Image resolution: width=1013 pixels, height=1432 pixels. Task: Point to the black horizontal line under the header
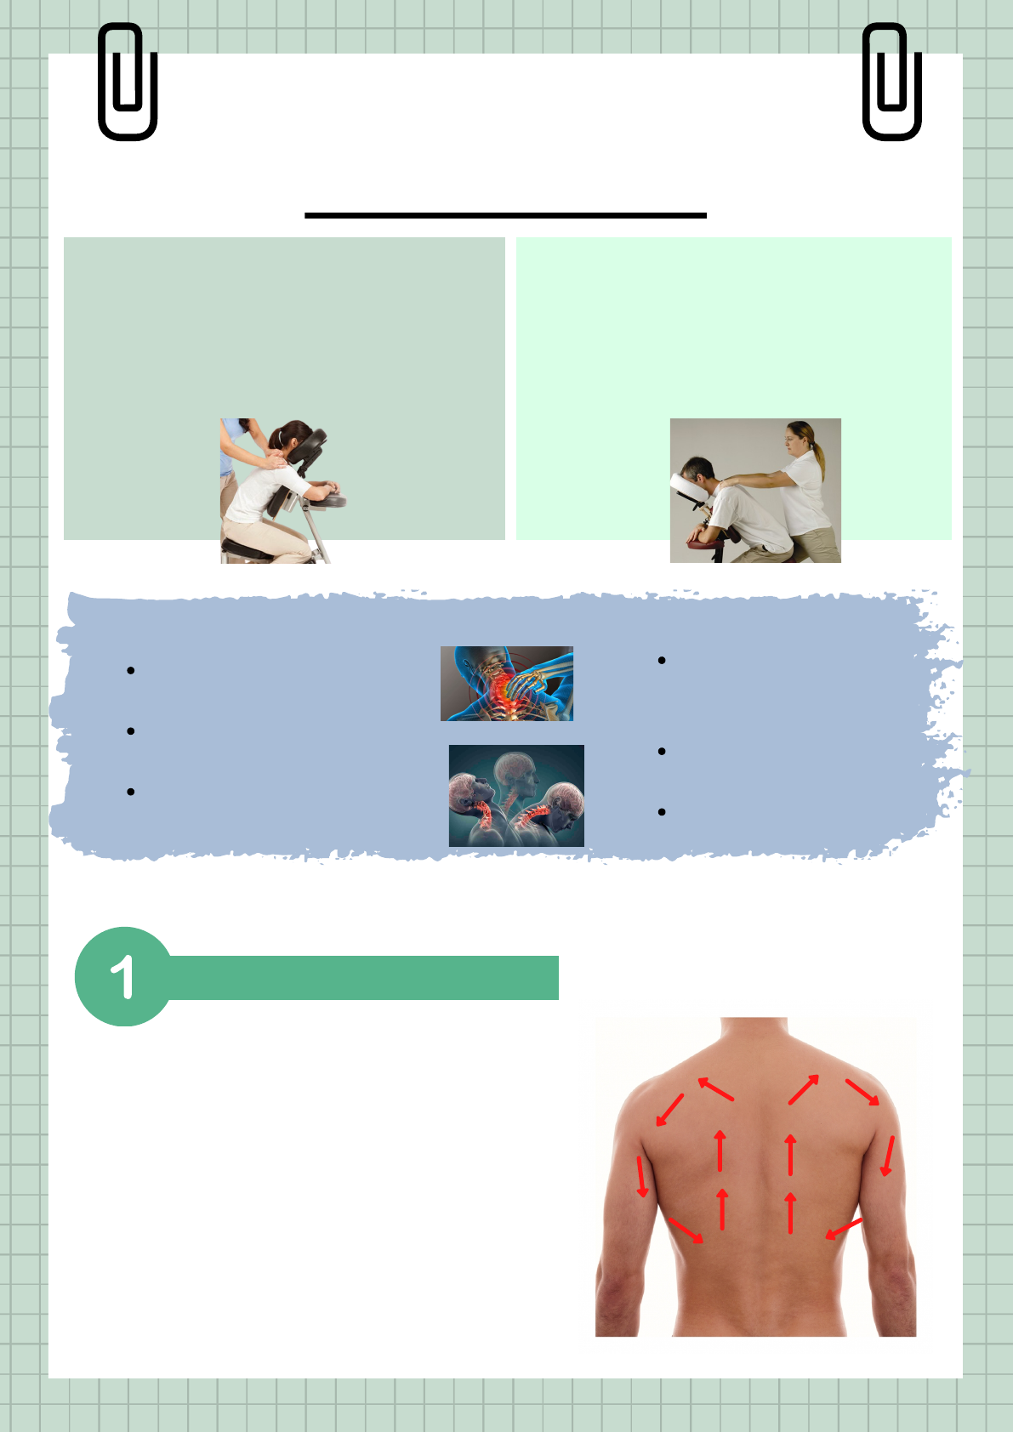coord(505,215)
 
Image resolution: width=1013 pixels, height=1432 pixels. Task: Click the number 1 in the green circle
coord(122,976)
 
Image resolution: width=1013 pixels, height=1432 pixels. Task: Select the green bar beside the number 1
coord(363,977)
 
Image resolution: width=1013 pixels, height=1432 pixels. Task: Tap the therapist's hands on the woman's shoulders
coord(274,459)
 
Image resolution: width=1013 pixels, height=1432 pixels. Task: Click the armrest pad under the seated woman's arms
coord(327,500)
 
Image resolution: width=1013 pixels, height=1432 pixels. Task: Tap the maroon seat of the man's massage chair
coord(705,543)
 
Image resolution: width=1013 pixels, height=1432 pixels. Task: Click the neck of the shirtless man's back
coord(754,1031)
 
